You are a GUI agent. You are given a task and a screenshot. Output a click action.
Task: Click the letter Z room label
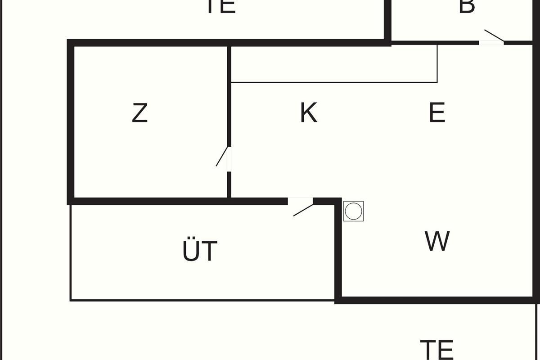tap(139, 113)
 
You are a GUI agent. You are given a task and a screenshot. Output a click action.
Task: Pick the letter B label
tap(467, 6)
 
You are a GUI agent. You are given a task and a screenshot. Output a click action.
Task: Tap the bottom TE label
tap(436, 349)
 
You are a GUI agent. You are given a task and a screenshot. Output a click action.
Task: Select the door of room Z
tap(223, 158)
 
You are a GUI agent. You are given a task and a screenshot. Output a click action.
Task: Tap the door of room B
tap(492, 37)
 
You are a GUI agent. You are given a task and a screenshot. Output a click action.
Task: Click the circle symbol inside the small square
tap(353, 211)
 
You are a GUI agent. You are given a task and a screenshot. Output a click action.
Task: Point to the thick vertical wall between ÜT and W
tap(338, 252)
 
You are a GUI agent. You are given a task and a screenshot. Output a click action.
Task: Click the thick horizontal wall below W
tap(436, 300)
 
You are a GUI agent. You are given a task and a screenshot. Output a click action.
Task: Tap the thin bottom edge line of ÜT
tap(202, 300)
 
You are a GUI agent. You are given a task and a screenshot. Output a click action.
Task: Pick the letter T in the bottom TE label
tap(428, 349)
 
